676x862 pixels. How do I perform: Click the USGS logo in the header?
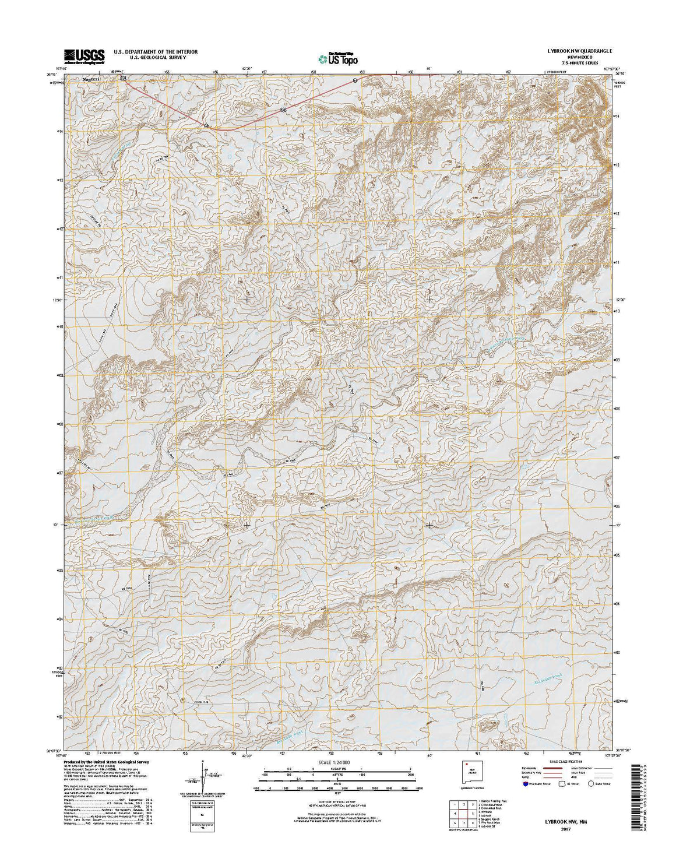coord(84,55)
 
